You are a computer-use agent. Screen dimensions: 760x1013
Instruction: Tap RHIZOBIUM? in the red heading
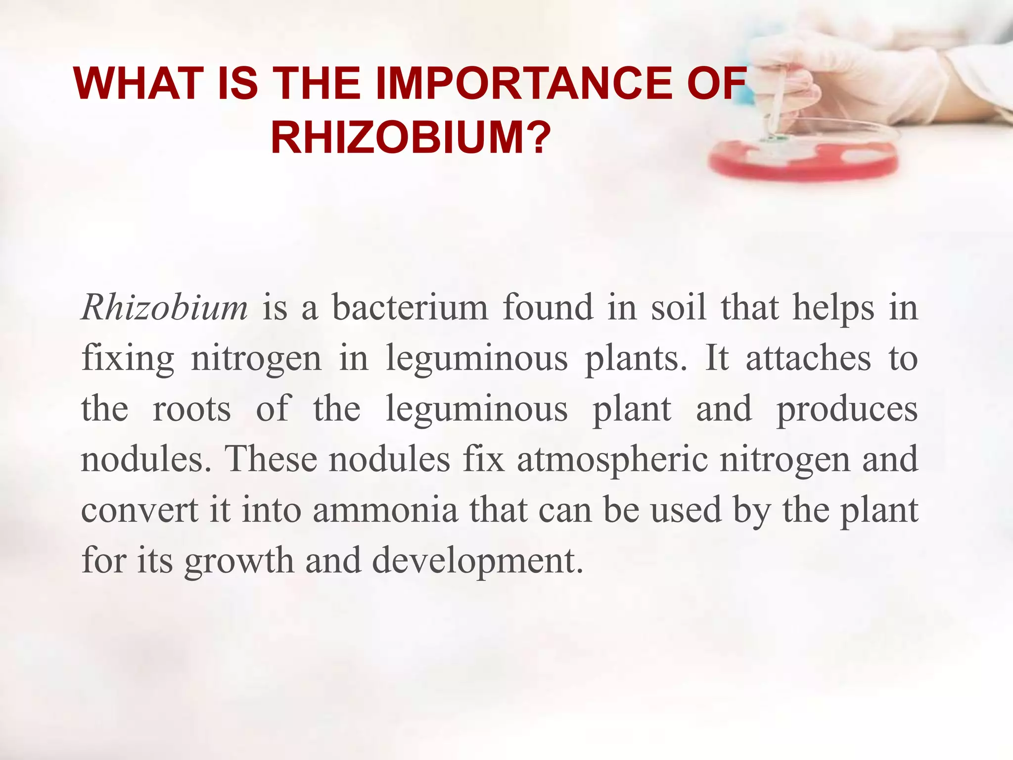pyautogui.click(x=411, y=138)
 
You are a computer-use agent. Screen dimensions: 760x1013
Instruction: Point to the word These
pyautogui.click(x=271, y=459)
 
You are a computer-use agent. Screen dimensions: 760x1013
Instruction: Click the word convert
pyautogui.click(x=139, y=511)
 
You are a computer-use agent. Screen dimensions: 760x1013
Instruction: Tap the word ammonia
pyautogui.click(x=385, y=511)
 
